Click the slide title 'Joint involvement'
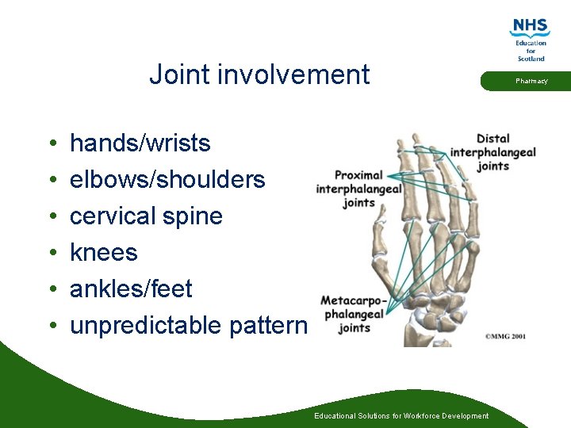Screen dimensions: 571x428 259,75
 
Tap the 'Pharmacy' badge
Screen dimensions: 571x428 531,81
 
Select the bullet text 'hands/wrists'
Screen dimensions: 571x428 140,143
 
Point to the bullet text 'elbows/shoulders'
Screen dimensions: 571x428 167,180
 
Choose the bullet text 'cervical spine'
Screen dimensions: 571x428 146,216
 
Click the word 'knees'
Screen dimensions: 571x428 104,253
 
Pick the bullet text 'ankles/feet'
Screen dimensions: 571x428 131,289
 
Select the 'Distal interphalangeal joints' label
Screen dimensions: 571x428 493,152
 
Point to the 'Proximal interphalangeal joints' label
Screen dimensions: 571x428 358,189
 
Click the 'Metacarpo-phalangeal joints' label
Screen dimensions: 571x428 354,314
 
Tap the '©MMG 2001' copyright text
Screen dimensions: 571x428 505,336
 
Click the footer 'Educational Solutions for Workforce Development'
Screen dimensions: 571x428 401,416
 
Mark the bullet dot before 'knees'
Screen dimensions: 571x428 51,254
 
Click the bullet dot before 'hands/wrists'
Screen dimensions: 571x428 51,144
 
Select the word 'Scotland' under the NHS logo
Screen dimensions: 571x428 531,59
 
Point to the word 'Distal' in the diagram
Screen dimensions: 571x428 493,139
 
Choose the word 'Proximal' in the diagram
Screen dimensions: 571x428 358,175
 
